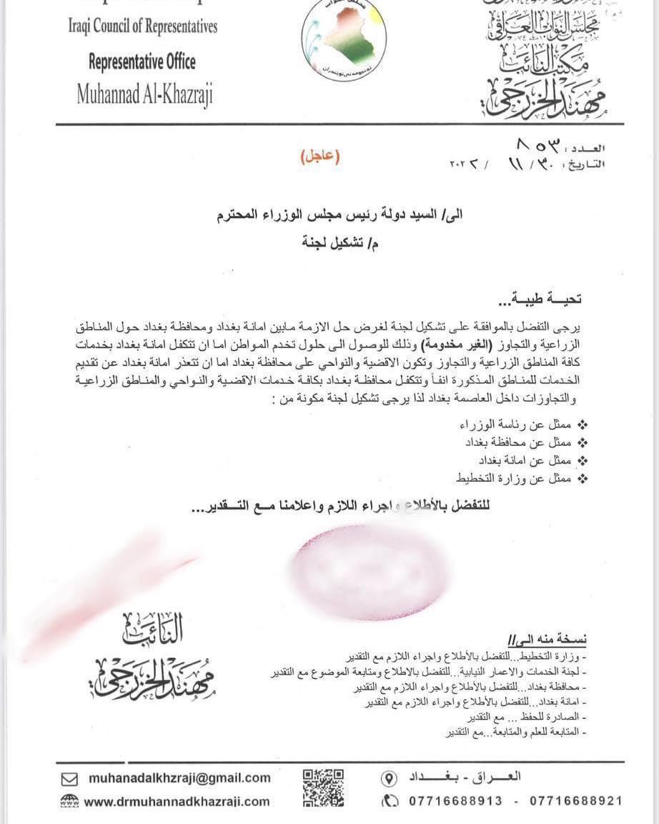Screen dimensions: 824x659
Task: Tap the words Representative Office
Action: (x=142, y=61)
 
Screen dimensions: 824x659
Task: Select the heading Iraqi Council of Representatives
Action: (x=142, y=28)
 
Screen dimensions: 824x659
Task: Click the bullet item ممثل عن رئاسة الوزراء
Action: (x=515, y=426)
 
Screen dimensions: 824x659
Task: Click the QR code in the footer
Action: (x=323, y=787)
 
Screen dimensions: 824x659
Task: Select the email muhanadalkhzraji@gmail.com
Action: (x=179, y=778)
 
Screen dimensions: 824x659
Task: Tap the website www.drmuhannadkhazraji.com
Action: (x=177, y=802)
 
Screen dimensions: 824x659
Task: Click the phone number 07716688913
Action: (x=455, y=801)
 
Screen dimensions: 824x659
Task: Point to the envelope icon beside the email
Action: (x=69, y=779)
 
